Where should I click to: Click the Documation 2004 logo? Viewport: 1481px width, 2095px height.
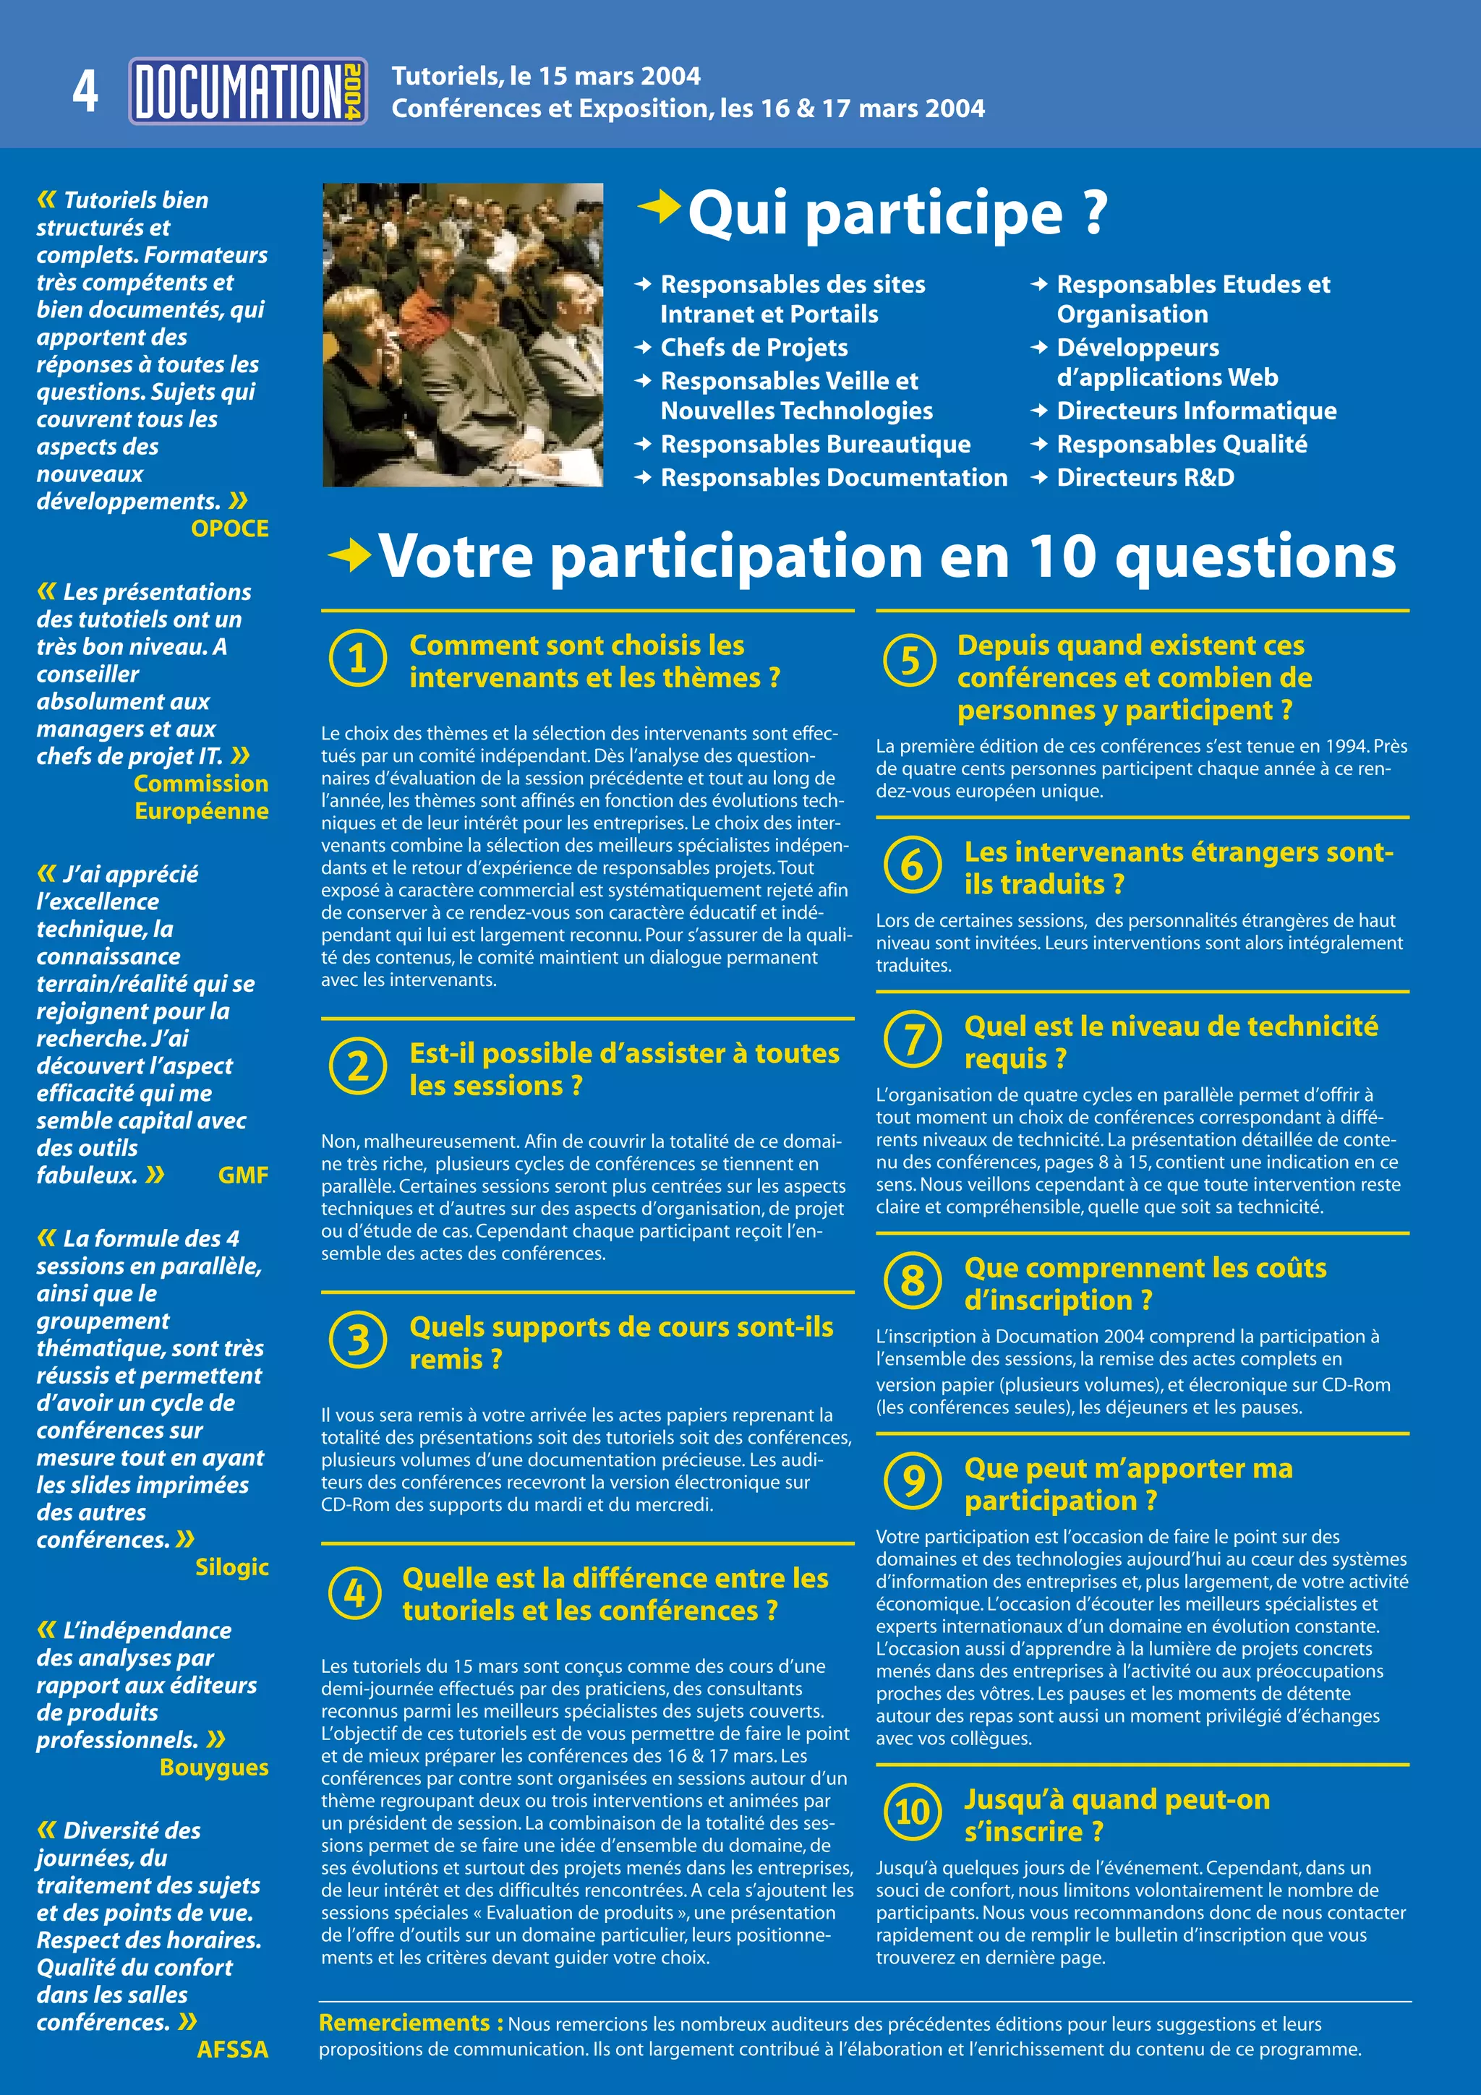(x=247, y=91)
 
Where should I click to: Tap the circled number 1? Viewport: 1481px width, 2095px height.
(x=358, y=658)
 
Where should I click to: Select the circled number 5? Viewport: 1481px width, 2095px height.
(x=910, y=660)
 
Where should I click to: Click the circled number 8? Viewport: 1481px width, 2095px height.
(x=913, y=1280)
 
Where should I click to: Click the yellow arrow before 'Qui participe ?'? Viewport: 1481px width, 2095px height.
(x=659, y=208)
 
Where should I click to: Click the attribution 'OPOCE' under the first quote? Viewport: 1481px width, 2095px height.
(x=230, y=528)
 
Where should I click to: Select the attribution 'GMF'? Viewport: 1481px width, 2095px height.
(x=243, y=1175)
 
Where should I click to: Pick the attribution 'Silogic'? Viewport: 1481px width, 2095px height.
(x=232, y=1567)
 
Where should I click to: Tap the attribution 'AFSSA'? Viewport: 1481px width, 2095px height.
(x=233, y=2049)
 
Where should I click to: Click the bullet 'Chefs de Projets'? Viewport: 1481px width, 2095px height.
(x=754, y=348)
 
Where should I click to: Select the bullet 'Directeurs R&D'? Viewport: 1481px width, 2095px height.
(x=1145, y=477)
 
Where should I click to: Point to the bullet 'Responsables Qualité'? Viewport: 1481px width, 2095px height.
(x=1182, y=445)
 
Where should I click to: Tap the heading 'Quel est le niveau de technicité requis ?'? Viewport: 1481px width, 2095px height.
(x=1171, y=1042)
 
